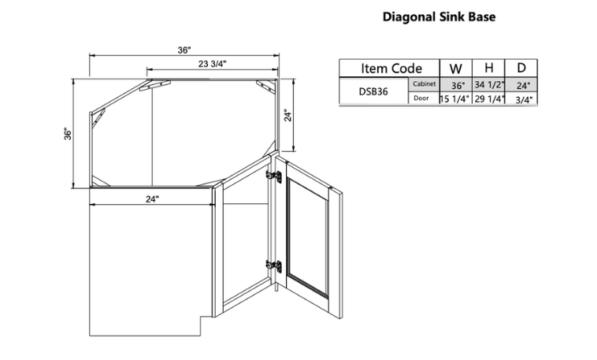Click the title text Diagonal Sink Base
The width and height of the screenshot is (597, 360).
tap(439, 17)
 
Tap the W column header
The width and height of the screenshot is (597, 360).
tap(456, 69)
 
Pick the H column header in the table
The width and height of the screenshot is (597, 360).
tap(489, 69)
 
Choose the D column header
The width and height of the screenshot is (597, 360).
tap(521, 69)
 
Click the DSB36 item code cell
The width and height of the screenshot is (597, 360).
tap(374, 91)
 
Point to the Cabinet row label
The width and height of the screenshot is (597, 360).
tap(424, 84)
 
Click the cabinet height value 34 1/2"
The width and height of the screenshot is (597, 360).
tap(489, 84)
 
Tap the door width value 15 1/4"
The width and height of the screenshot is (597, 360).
tap(456, 99)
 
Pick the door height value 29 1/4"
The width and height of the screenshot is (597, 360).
tap(489, 99)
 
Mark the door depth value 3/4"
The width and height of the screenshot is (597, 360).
tap(521, 99)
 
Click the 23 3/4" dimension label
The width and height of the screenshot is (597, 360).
tap(213, 64)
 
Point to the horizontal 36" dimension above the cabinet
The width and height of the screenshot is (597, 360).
tap(184, 50)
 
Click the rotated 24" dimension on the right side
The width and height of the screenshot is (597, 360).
tap(288, 115)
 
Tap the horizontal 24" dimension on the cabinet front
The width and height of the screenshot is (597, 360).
tap(152, 199)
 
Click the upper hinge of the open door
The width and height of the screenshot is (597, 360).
tap(274, 177)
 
